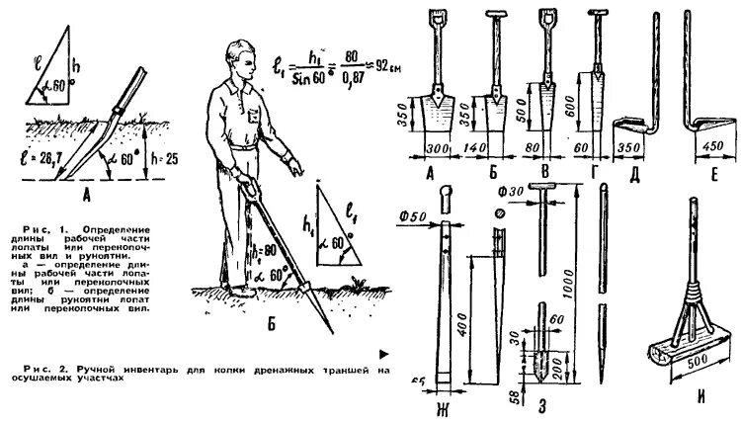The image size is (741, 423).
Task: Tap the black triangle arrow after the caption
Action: [383, 352]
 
